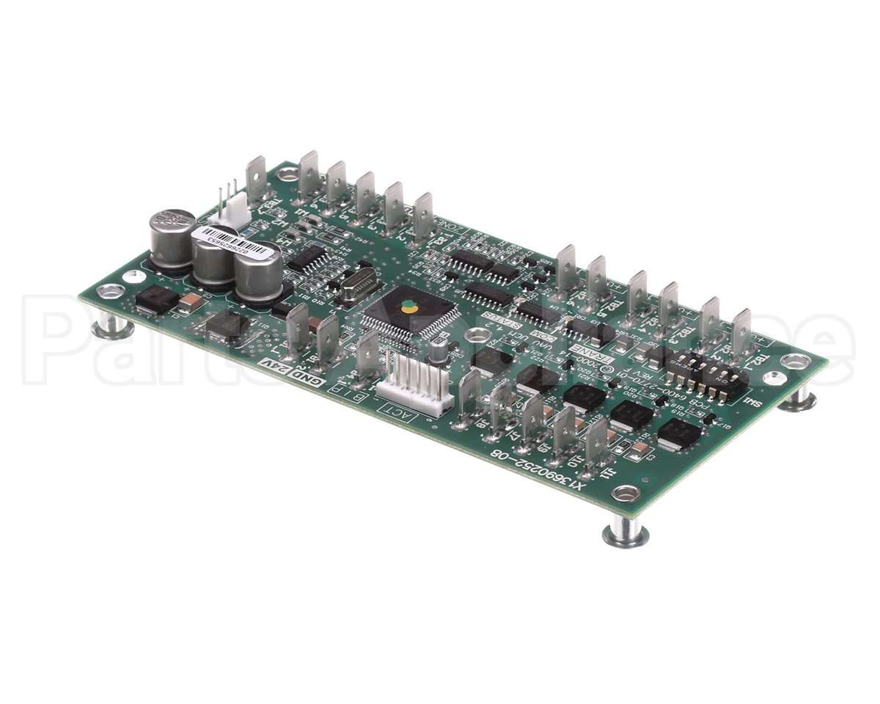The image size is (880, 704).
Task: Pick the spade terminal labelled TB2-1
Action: click(x=741, y=334)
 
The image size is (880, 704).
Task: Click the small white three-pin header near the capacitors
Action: click(x=223, y=213)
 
